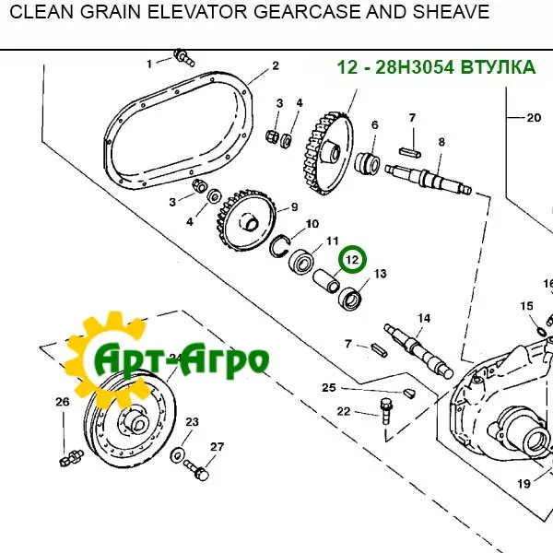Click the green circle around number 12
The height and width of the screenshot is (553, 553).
pyautogui.click(x=351, y=261)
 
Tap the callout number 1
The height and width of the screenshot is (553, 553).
pyautogui.click(x=149, y=64)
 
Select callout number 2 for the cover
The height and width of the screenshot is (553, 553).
pyautogui.click(x=275, y=65)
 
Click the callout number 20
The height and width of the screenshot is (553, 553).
pyautogui.click(x=534, y=117)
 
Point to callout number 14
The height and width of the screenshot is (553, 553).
pyautogui.click(x=423, y=319)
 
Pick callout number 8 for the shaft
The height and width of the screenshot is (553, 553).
pyautogui.click(x=441, y=142)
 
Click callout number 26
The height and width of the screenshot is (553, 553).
pyautogui.click(x=62, y=402)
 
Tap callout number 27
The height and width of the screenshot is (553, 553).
pyautogui.click(x=217, y=447)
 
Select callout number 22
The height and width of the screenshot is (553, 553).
pyautogui.click(x=343, y=412)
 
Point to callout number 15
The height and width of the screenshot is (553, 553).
pyautogui.click(x=526, y=306)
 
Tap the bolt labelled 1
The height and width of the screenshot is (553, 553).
pyautogui.click(x=182, y=59)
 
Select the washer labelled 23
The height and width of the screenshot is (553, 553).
pyautogui.click(x=176, y=453)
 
